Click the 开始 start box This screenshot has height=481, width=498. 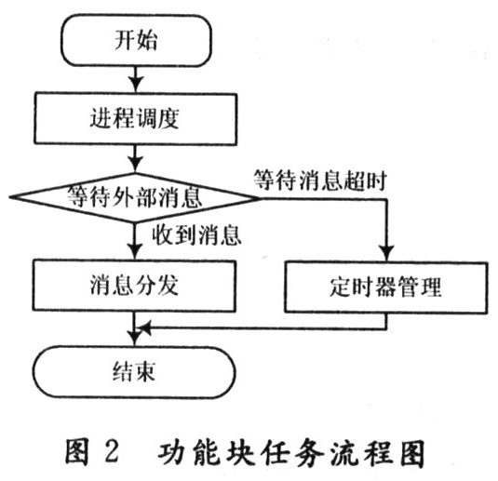click(136, 41)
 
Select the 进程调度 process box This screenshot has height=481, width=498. click(136, 119)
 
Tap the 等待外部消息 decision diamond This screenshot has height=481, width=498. click(135, 197)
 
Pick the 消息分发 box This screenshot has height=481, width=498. click(134, 286)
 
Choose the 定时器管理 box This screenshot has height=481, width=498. click(385, 287)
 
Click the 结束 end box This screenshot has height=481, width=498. click(134, 372)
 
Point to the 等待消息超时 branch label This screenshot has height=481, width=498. click(320, 180)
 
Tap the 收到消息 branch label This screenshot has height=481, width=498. click(196, 235)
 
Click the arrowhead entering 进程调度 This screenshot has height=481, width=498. click(136, 85)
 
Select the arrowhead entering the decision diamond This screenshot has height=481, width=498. click(135, 165)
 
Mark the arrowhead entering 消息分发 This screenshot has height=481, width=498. click(135, 252)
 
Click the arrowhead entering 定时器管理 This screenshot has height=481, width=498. click(387, 253)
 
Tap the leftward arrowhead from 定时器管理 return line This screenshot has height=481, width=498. click(143, 328)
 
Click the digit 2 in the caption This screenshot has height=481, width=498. click(112, 451)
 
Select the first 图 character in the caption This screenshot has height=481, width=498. click(77, 451)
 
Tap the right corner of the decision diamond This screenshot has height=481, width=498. click(260, 198)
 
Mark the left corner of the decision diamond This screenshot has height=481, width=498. click(10, 197)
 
